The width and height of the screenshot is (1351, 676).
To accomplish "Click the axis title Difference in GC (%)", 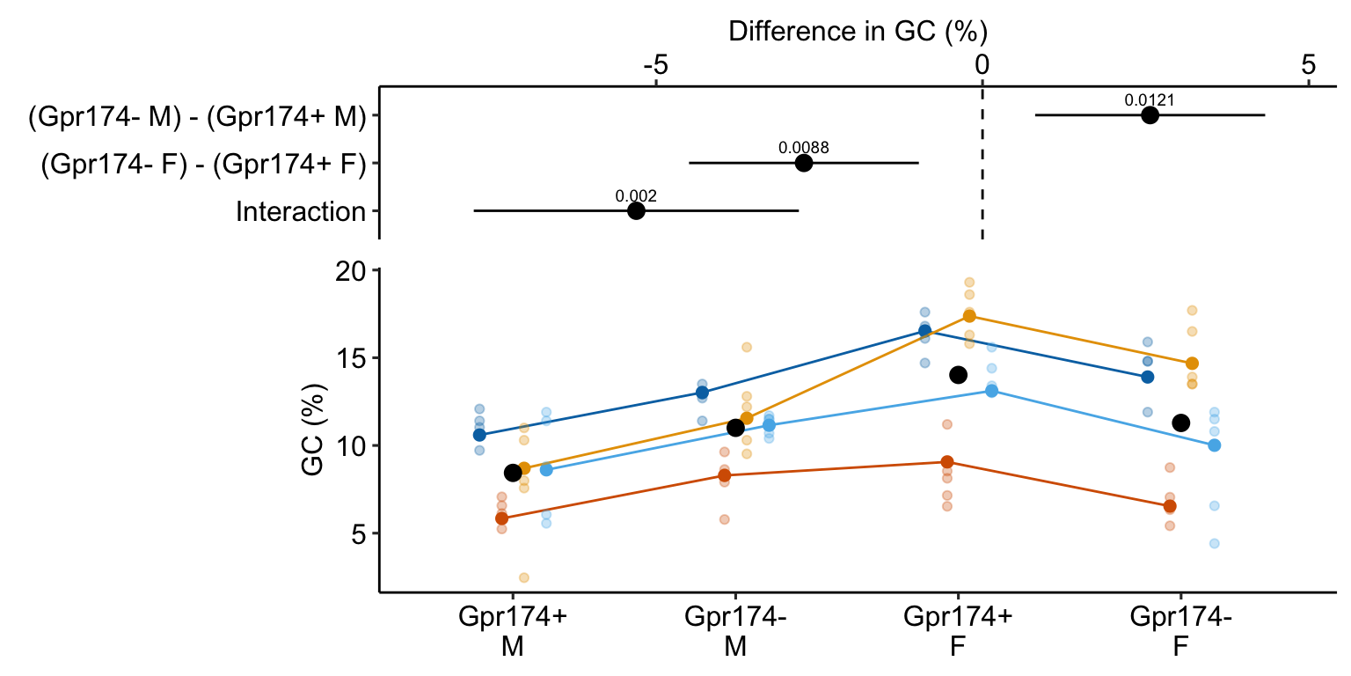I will click(858, 32).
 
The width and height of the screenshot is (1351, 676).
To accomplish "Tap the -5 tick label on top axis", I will click(655, 65).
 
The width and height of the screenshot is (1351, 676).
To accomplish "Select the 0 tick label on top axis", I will click(982, 65).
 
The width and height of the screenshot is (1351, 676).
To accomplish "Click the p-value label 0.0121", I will click(1149, 100).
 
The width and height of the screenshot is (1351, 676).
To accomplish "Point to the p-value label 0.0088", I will click(803, 148).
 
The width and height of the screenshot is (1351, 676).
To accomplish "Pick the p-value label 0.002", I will click(636, 195).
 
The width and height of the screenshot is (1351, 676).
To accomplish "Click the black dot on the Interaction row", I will click(636, 211).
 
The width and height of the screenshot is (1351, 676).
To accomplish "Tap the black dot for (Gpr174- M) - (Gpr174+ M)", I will click(1150, 115).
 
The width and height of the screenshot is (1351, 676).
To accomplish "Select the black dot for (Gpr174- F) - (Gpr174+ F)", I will click(803, 163).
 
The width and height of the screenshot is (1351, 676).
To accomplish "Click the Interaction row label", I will click(300, 212).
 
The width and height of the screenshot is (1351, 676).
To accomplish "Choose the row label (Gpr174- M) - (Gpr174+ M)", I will click(196, 116).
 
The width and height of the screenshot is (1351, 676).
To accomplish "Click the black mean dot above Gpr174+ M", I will click(513, 473).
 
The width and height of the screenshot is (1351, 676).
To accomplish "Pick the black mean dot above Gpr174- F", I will click(1180, 422).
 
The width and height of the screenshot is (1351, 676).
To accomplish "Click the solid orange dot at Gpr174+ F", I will click(969, 316).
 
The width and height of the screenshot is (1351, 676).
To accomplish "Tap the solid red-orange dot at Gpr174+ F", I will click(946, 462).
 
